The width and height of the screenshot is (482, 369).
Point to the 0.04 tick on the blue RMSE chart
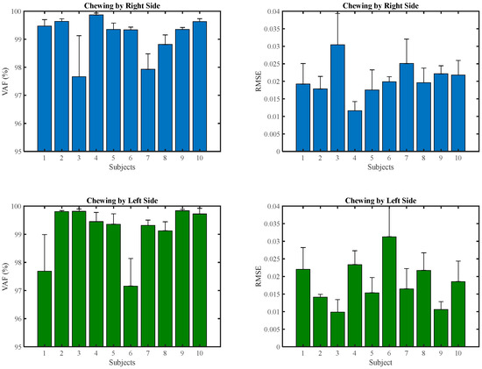pyautogui.click(x=280, y=12)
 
